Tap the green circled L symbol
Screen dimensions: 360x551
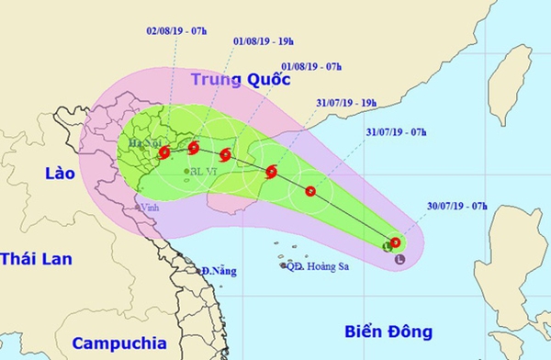tap(388, 246)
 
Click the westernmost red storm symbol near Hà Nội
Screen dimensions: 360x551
tap(163, 152)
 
